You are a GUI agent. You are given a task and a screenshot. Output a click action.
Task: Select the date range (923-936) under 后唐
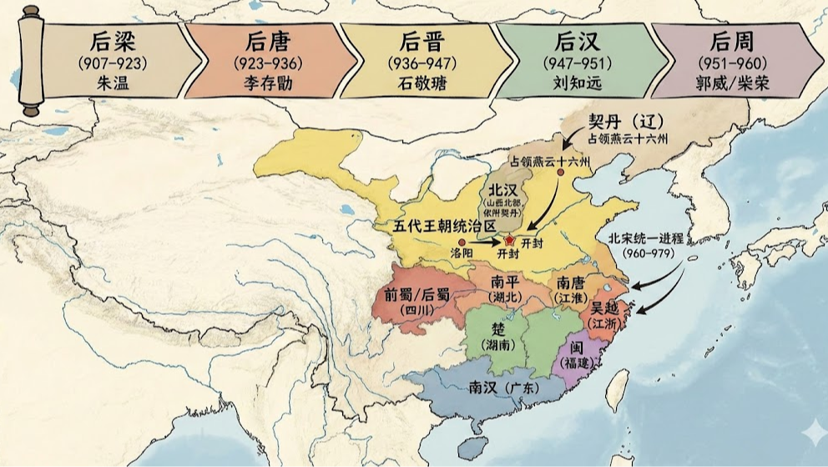(270, 63)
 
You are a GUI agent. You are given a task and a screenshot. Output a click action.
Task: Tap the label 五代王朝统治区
(446, 226)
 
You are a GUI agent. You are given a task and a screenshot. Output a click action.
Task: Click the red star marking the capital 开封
(509, 241)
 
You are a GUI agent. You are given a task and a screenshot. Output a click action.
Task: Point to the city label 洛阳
(461, 251)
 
